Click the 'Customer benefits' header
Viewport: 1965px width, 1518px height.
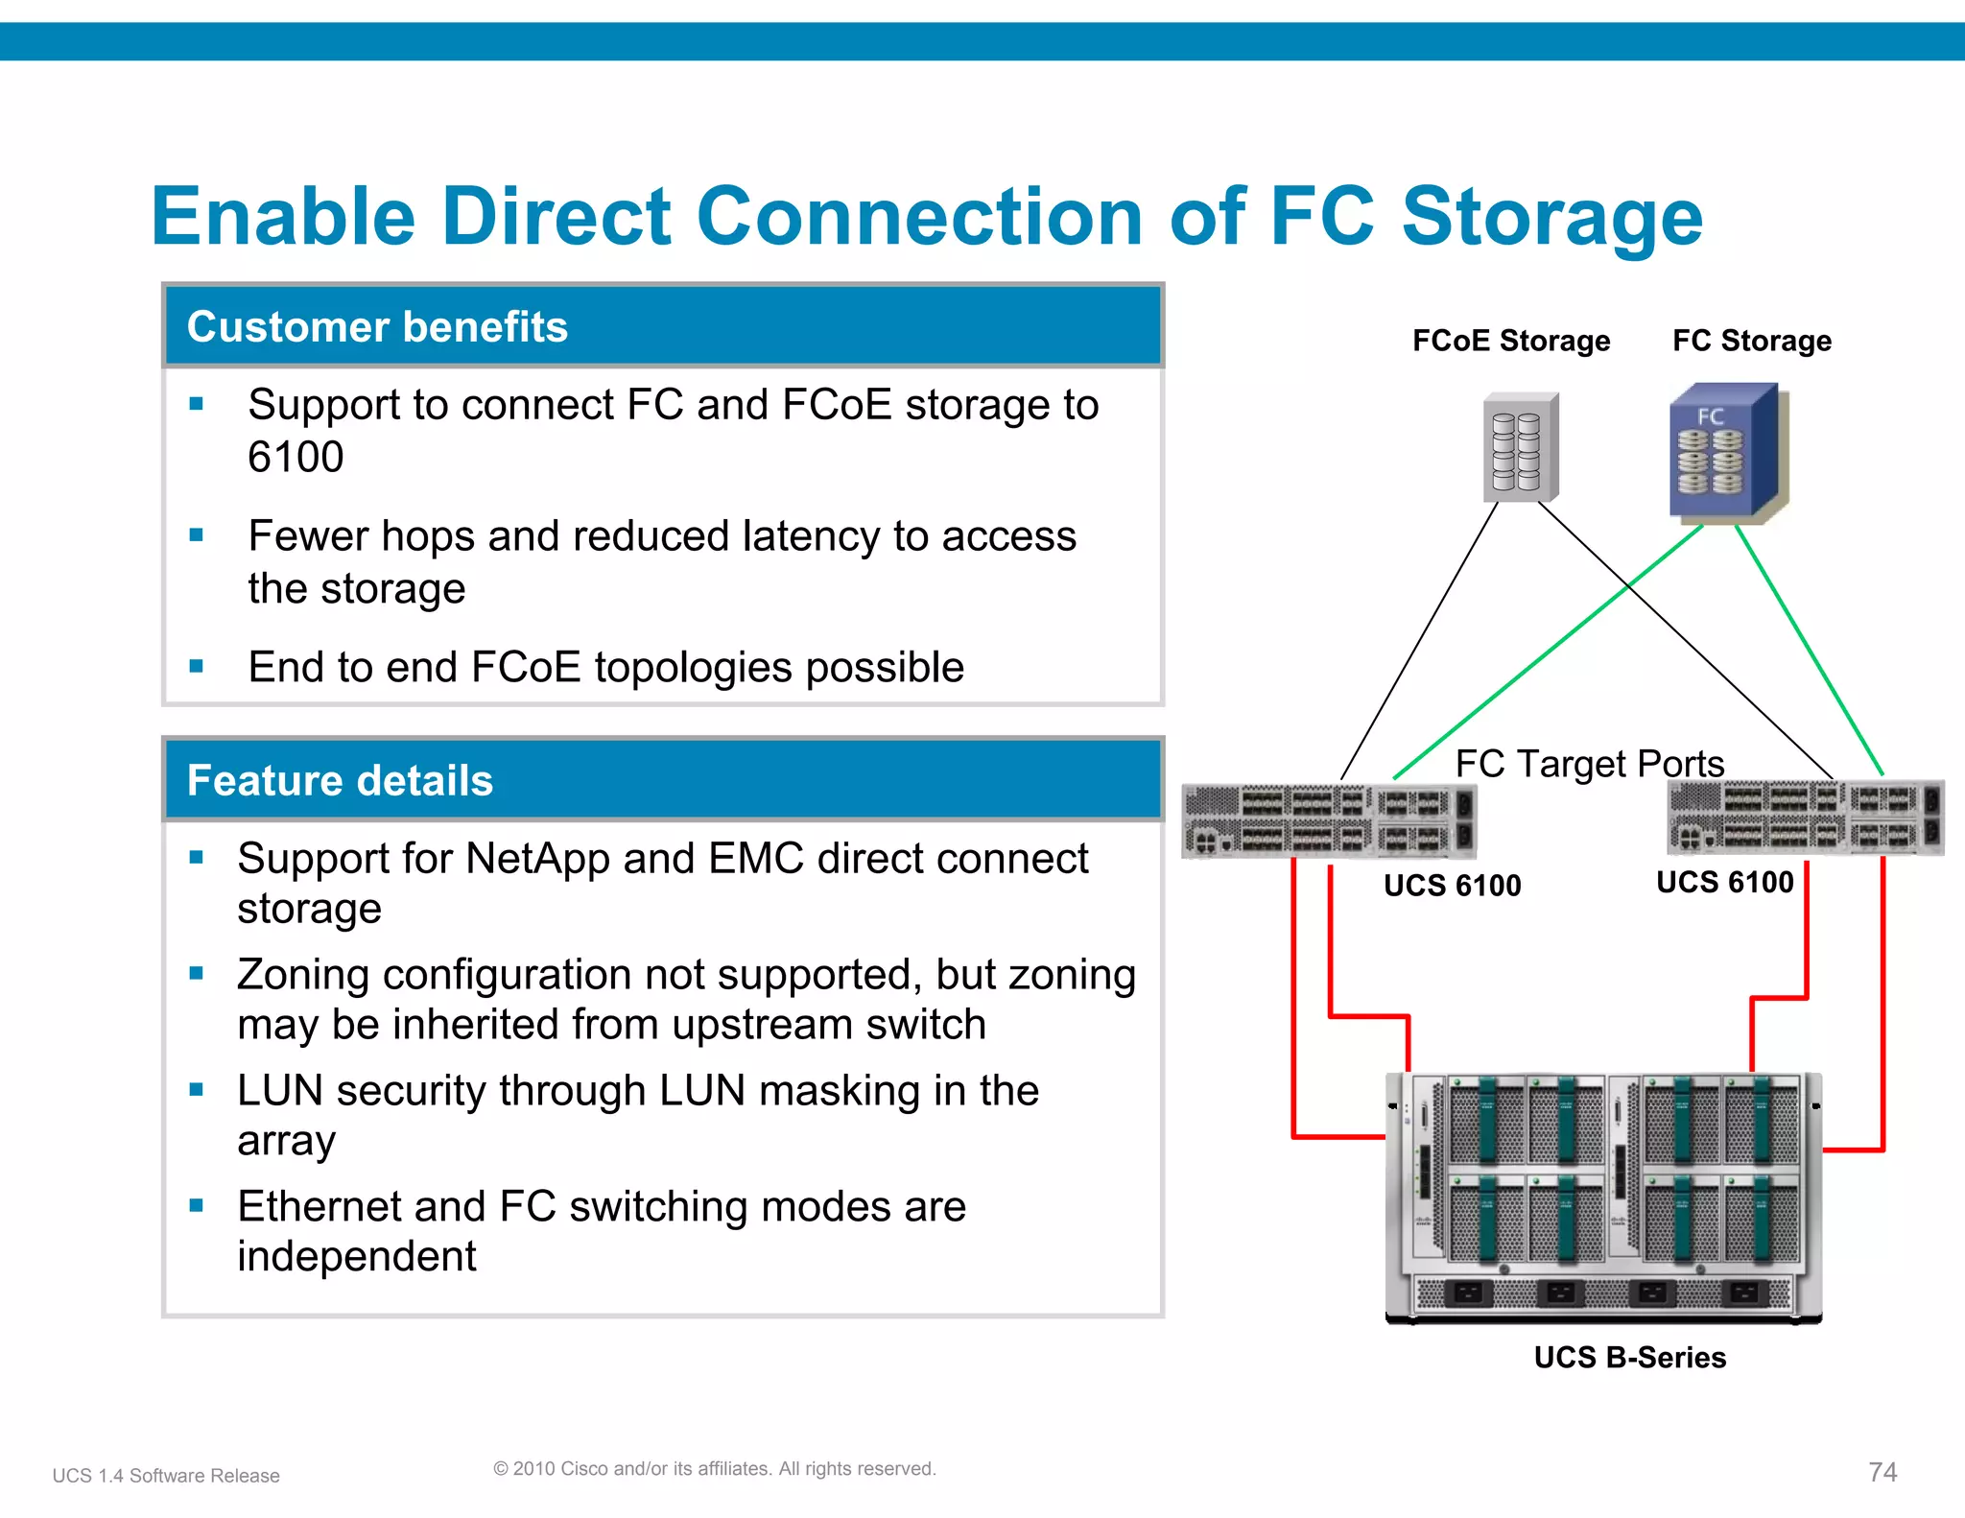(377, 327)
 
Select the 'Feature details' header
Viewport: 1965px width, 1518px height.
(340, 780)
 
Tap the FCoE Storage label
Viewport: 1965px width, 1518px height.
(1510, 341)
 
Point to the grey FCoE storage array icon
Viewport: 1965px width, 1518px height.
(1521, 447)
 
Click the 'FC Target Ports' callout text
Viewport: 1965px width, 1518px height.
(1589, 764)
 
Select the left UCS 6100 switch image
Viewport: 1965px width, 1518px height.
(1329, 821)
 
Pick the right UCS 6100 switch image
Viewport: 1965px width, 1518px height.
(1805, 818)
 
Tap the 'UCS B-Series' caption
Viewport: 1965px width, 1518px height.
(1629, 1358)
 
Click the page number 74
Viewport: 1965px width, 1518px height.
(1882, 1472)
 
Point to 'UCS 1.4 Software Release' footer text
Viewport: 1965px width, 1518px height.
(166, 1476)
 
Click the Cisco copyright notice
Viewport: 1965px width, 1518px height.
(714, 1468)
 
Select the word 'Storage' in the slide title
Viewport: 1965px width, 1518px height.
(1551, 217)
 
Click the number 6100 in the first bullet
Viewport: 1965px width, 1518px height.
(296, 457)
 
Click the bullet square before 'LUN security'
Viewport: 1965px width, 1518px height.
(197, 1089)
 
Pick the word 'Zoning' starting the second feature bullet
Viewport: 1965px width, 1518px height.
(303, 975)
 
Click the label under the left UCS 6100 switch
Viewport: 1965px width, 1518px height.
(1452, 885)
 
